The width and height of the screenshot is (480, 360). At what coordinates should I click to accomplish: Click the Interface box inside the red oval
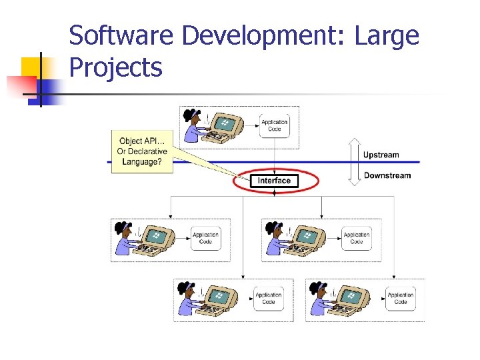[274, 181]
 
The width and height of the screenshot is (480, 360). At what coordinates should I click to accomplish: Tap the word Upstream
[381, 155]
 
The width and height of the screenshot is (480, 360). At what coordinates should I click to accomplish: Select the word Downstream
[387, 176]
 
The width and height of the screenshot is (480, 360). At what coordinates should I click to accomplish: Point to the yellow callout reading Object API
[142, 151]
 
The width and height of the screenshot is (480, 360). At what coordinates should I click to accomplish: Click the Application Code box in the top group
[274, 125]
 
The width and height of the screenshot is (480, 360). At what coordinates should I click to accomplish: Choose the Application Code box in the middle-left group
[205, 238]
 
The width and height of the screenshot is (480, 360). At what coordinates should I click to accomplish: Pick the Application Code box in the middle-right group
[357, 238]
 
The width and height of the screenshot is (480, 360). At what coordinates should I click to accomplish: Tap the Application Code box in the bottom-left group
[268, 298]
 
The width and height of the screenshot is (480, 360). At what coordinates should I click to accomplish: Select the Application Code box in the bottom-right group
[400, 298]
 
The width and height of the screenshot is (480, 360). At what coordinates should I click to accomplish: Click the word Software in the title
[121, 35]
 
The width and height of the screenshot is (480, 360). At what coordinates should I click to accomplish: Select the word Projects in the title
[115, 67]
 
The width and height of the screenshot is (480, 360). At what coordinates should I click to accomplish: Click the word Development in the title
[263, 35]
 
